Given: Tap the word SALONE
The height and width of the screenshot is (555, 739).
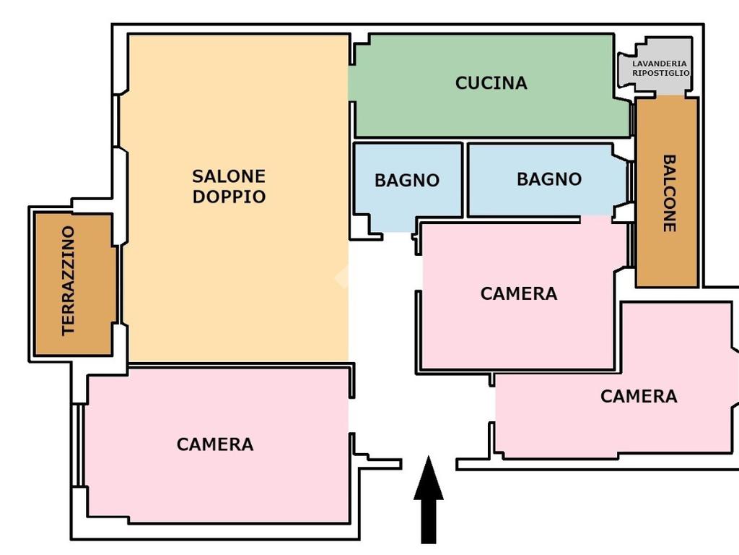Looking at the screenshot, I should (229, 176).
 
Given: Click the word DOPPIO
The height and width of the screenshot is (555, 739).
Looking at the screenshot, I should (229, 197).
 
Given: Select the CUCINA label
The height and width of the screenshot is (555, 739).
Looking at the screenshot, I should (491, 83).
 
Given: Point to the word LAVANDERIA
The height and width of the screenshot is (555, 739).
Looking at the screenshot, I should (660, 64).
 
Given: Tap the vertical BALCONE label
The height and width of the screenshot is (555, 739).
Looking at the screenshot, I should (669, 193).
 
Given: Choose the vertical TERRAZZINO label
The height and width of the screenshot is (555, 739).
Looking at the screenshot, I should (69, 280).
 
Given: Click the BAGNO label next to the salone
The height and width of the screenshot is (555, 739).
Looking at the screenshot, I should (407, 181).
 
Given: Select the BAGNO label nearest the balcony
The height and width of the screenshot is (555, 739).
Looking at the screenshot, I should (548, 179).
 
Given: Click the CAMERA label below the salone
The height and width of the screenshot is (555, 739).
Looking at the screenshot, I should (215, 444).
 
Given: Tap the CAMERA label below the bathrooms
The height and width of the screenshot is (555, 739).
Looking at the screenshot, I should (519, 294).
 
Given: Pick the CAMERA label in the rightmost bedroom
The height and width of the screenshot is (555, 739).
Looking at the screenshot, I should (639, 397).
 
